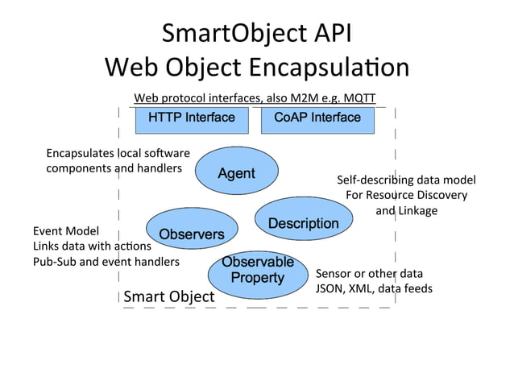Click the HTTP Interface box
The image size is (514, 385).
(191, 118)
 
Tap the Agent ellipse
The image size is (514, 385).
(236, 173)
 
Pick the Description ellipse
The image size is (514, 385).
(303, 223)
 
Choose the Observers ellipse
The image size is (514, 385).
(191, 234)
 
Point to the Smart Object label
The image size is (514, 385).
(169, 296)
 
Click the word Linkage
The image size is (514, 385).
(418, 210)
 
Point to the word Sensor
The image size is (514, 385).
(333, 273)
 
